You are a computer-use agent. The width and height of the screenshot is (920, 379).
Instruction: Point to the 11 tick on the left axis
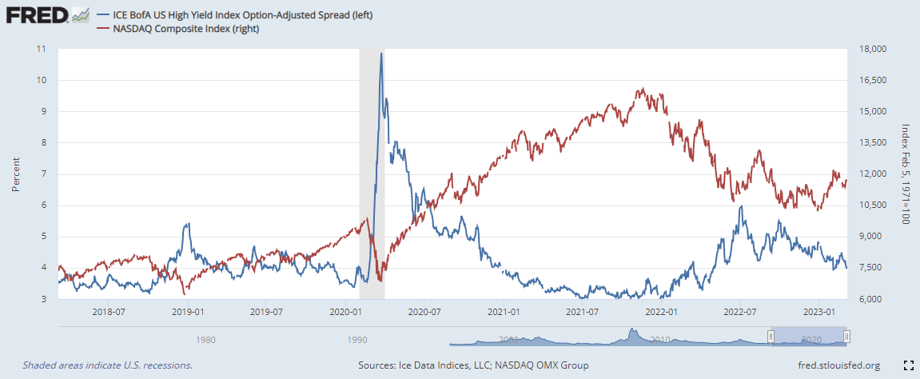pyautogui.click(x=41, y=49)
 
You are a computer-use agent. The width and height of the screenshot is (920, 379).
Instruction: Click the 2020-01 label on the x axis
pyautogui.click(x=346, y=311)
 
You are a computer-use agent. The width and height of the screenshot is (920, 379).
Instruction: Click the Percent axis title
pyautogui.click(x=15, y=174)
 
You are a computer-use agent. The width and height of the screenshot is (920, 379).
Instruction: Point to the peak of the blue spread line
pyautogui.click(x=380, y=54)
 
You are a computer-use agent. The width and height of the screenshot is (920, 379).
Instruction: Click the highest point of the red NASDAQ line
pyautogui.click(x=641, y=89)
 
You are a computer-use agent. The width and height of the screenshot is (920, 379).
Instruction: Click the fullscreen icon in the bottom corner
pyautogui.click(x=907, y=365)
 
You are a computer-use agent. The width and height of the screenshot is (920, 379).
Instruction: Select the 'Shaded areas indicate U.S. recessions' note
pyautogui.click(x=107, y=365)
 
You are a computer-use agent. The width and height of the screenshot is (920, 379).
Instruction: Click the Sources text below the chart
pyautogui.click(x=474, y=365)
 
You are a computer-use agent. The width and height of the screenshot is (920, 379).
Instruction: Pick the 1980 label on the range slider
pyautogui.click(x=205, y=339)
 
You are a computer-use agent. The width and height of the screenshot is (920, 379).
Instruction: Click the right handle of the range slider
pyautogui.click(x=846, y=337)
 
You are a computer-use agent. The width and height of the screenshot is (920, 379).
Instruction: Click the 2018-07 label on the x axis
pyautogui.click(x=110, y=311)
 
